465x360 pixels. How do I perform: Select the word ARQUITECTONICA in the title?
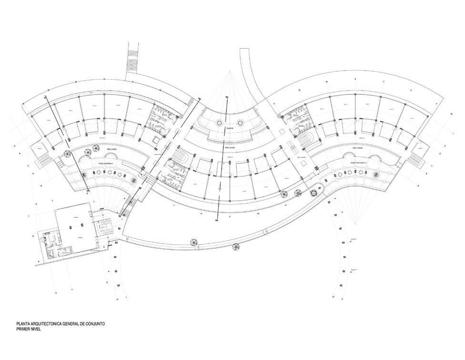[x=46, y=324]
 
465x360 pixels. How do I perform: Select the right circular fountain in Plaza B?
[x=241, y=123]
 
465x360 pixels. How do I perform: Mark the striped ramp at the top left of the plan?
[x=131, y=60]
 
